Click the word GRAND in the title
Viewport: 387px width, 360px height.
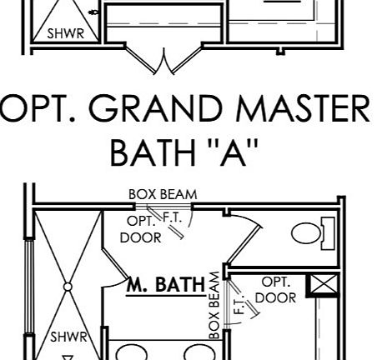(157, 108)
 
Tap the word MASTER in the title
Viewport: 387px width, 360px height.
(303, 108)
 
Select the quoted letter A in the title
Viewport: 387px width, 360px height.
(233, 152)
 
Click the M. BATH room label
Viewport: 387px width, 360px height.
(166, 284)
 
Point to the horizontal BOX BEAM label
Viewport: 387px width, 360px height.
(163, 194)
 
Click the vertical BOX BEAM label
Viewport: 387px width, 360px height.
(214, 305)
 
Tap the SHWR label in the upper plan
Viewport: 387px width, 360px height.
(66, 33)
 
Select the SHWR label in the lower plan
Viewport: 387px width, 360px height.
(68, 337)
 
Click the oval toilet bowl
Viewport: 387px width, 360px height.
(306, 233)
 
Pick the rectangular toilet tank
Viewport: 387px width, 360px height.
(328, 233)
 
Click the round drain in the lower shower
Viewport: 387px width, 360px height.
(68, 287)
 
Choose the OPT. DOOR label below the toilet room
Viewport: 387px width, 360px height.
(275, 290)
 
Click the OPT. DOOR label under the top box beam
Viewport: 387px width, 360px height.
(141, 229)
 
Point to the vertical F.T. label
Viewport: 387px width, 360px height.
(239, 304)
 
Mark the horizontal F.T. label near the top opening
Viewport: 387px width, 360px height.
(173, 217)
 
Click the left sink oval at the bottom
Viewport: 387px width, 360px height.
(132, 352)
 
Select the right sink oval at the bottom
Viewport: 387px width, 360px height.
(199, 352)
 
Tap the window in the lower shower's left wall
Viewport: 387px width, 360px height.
(29, 286)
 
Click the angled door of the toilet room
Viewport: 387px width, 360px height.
(245, 245)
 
